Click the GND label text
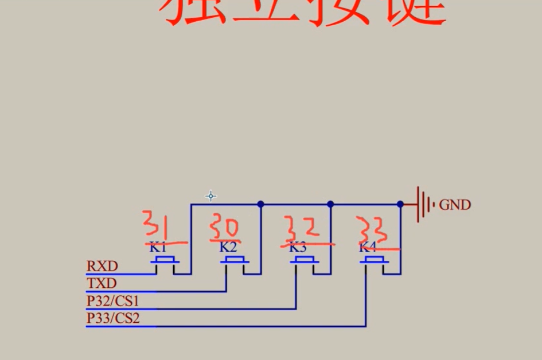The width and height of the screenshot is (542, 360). [455, 205]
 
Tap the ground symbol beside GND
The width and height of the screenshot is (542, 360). [423, 204]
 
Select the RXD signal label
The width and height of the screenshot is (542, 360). [102, 266]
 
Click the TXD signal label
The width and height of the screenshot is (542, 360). [102, 283]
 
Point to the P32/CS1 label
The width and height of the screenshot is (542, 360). [113, 300]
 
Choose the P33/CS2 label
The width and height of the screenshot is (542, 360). [113, 318]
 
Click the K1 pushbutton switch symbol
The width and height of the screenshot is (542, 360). [165, 261]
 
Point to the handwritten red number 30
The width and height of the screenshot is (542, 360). [224, 227]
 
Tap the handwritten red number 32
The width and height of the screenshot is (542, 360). [302, 230]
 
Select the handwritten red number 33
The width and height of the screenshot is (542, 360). [372, 230]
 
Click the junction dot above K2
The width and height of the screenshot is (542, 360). [260, 204]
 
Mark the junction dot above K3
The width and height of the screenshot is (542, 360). [330, 204]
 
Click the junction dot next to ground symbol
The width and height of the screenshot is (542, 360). [400, 204]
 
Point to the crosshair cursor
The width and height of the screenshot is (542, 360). [210, 196]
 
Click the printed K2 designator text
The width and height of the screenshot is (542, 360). [228, 248]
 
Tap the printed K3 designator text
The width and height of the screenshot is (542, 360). [298, 248]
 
